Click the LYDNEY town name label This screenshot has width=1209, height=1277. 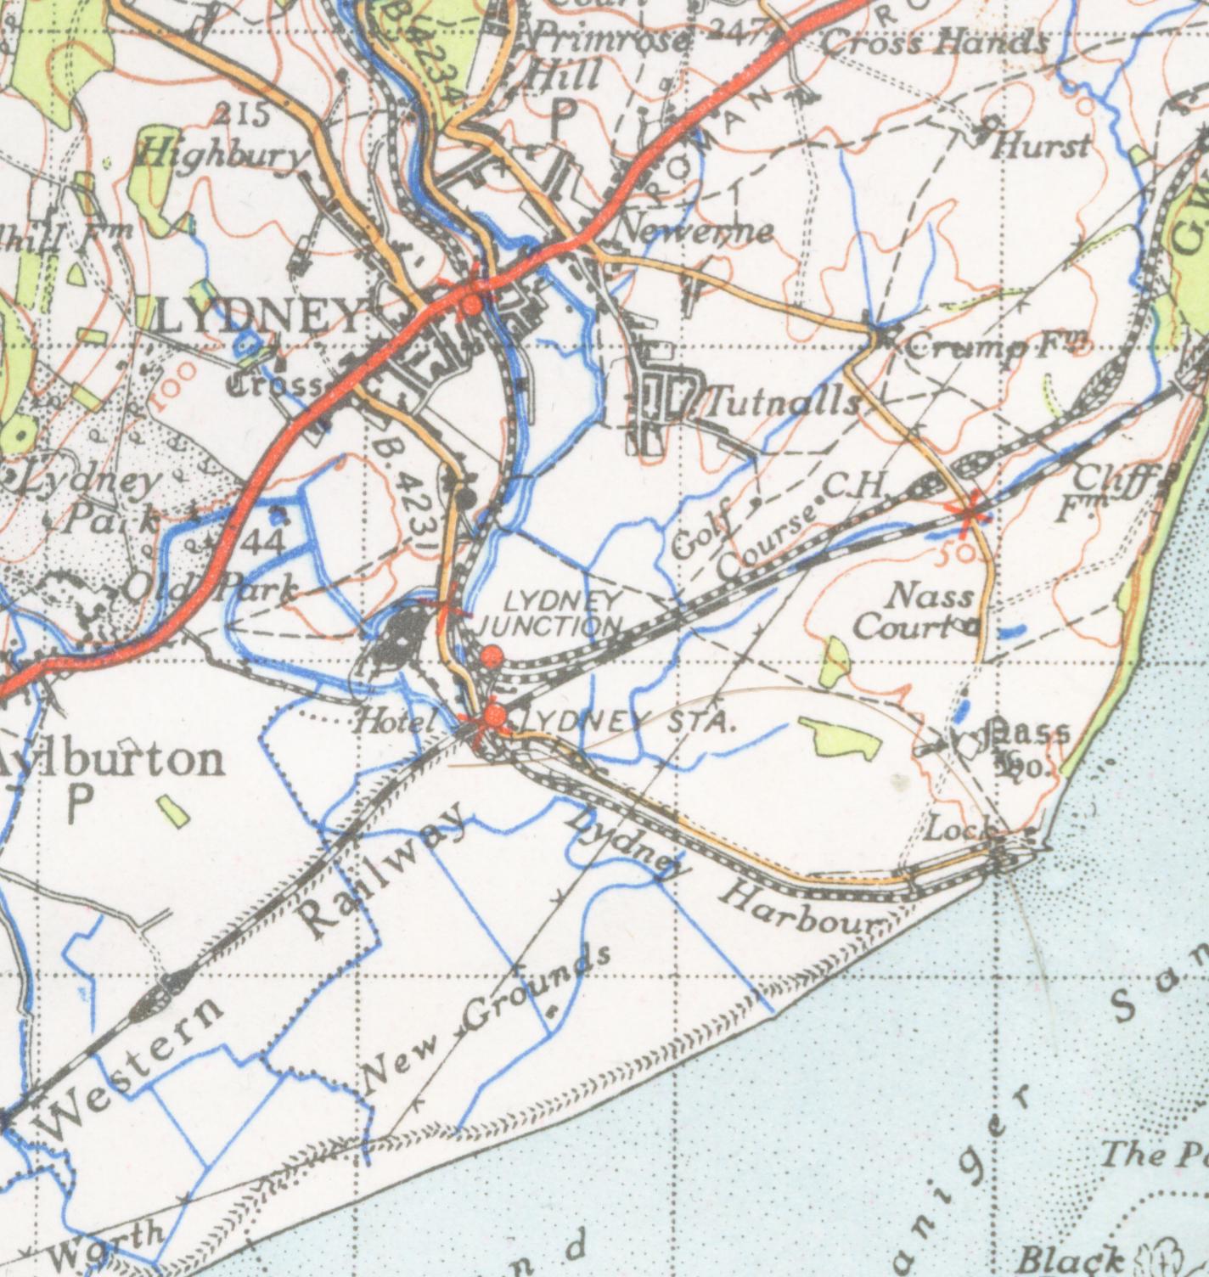[x=260, y=318]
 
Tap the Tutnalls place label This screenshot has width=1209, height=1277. [x=779, y=402]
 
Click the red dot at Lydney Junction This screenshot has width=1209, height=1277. [x=491, y=656]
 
